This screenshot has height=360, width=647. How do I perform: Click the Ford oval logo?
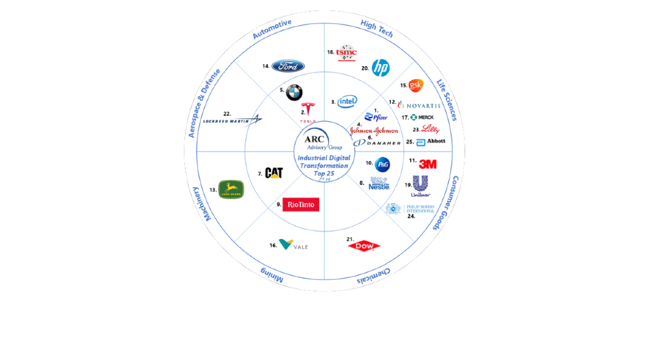click(288, 66)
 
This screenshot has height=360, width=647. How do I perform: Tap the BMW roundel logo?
click(294, 93)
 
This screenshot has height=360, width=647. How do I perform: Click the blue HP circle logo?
click(380, 67)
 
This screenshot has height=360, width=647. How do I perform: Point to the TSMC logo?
click(347, 52)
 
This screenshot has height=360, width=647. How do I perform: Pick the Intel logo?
click(347, 101)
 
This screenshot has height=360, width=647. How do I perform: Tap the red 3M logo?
click(428, 164)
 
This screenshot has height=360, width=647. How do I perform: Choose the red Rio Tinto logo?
click(301, 205)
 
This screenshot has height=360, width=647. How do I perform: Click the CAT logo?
click(274, 173)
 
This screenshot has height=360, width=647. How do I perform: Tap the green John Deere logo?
click(231, 189)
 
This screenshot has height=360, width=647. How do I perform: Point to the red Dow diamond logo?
click(364, 245)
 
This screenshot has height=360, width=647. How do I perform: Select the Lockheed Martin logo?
click(232, 120)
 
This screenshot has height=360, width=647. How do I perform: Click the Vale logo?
click(292, 245)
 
